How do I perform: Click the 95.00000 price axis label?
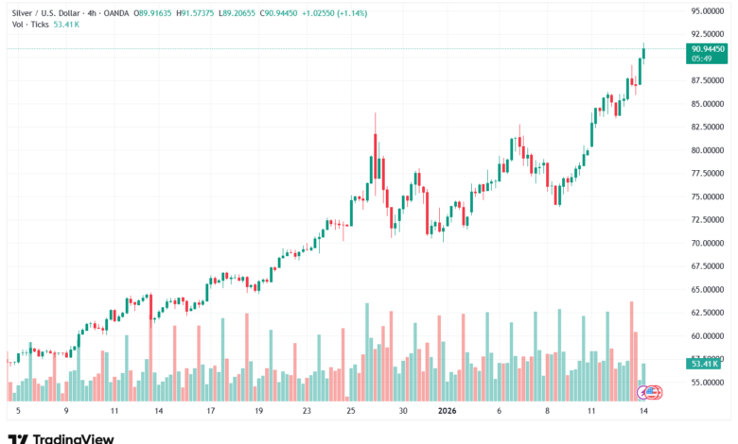(708, 11)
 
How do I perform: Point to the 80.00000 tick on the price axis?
(708, 150)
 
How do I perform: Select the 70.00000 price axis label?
(708, 243)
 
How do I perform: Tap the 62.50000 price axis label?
(708, 313)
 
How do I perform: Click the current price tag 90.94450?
(709, 48)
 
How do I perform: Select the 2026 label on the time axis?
(448, 412)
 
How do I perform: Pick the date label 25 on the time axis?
(351, 412)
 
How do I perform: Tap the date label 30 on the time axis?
(402, 412)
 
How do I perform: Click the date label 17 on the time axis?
(211, 412)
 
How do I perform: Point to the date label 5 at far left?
(17, 412)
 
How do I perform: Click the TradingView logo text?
(73, 437)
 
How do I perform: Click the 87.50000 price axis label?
(708, 80)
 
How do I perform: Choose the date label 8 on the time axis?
(546, 412)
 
